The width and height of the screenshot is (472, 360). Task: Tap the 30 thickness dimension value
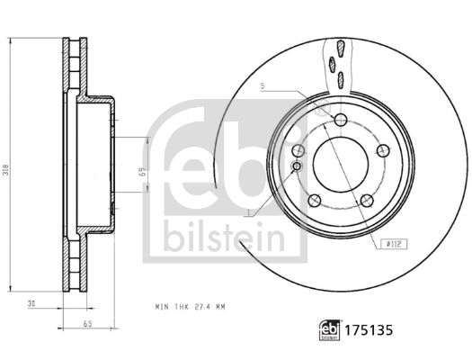(31, 304)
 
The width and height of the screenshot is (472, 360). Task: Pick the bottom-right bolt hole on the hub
(366, 202)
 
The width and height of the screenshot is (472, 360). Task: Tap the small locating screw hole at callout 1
(297, 166)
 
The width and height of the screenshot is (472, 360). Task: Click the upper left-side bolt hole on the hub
(299, 150)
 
